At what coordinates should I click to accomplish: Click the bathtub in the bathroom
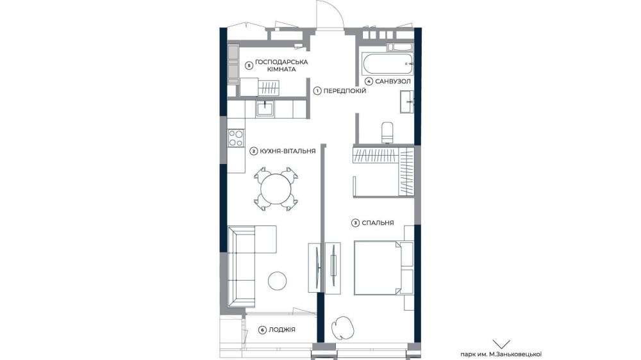pyautogui.click(x=387, y=64)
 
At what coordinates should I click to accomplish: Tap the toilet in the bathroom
pyautogui.click(x=387, y=133)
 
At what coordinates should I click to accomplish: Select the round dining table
pyautogui.click(x=276, y=189)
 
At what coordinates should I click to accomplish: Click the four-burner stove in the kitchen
pyautogui.click(x=236, y=138)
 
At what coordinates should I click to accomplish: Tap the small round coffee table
pyautogui.click(x=277, y=281)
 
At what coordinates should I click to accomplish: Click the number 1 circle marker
pyautogui.click(x=317, y=91)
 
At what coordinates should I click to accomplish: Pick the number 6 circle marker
pyautogui.click(x=262, y=330)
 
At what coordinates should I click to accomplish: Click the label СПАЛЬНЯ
pyautogui.click(x=378, y=223)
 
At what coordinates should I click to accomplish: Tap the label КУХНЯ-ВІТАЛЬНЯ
pyautogui.click(x=288, y=151)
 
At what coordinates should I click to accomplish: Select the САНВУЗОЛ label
pyautogui.click(x=392, y=81)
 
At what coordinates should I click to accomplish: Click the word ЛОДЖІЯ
pyautogui.click(x=282, y=330)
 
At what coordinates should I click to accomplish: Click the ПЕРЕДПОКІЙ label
pyautogui.click(x=345, y=91)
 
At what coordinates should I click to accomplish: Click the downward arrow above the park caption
pyautogui.click(x=501, y=344)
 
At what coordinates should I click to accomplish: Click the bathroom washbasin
pyautogui.click(x=407, y=102)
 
